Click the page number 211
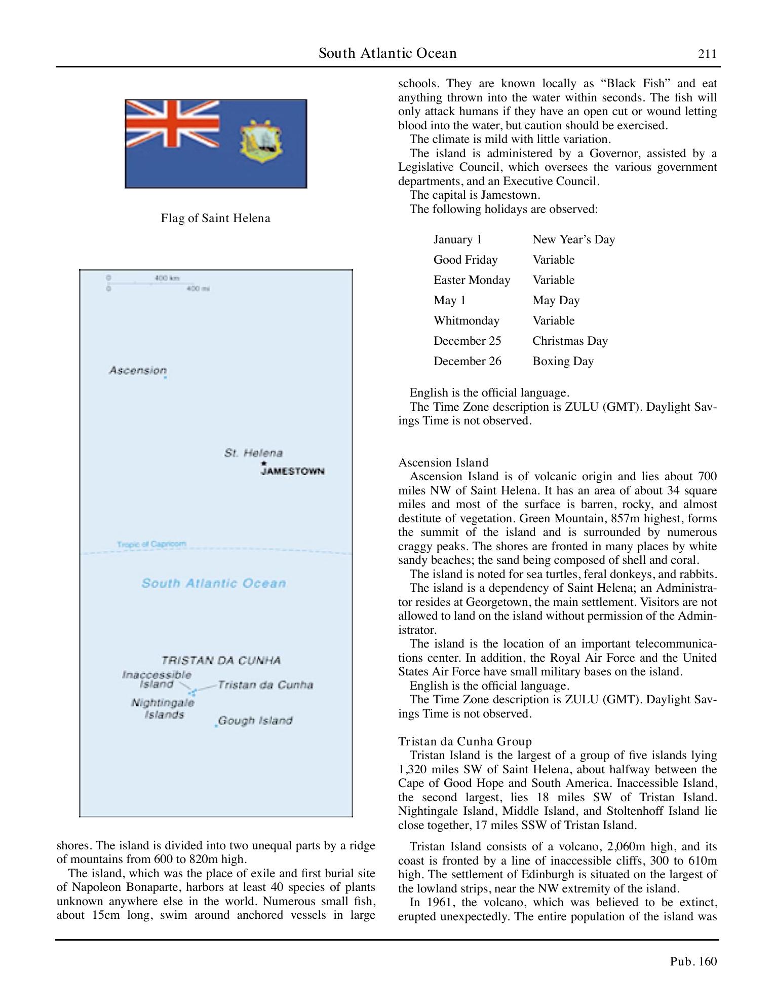(x=707, y=54)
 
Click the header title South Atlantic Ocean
(x=387, y=53)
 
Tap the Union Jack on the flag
(x=172, y=123)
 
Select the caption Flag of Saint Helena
(x=215, y=219)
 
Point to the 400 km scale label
(x=167, y=278)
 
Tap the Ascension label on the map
(x=137, y=371)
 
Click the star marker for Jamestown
(x=263, y=463)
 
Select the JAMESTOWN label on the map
(x=292, y=472)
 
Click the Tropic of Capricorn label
(x=151, y=544)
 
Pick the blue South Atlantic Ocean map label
(x=213, y=583)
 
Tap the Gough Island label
(x=255, y=721)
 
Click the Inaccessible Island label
(x=157, y=679)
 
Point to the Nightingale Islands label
(x=163, y=708)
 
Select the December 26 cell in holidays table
(x=467, y=361)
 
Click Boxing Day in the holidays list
(x=563, y=361)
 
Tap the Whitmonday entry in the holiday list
(x=466, y=320)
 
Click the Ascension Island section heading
(x=443, y=462)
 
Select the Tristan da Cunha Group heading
(x=465, y=741)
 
